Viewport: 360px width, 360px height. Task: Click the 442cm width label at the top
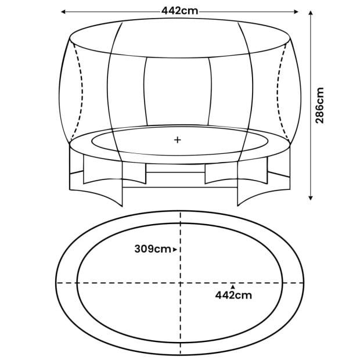pos(180,10)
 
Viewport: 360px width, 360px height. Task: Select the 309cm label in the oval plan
pos(152,249)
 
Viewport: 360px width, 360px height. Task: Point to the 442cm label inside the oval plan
pos(233,295)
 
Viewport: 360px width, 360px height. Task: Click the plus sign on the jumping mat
pos(178,140)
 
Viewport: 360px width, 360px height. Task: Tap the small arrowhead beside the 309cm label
pos(174,249)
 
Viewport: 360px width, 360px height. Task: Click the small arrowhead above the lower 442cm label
pos(233,286)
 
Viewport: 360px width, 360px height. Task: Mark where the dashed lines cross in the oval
pos(181,282)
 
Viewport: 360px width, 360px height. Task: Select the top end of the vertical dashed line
pos(181,214)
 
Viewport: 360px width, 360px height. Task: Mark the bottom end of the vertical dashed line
pos(181,353)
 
